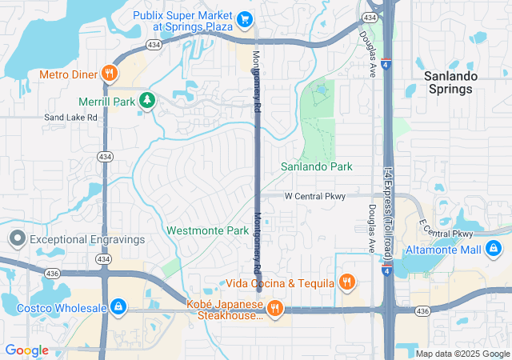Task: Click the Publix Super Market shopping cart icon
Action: click(x=246, y=18)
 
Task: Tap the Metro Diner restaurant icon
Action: click(x=110, y=74)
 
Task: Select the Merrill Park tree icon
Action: click(x=146, y=99)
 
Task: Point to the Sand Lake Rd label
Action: click(x=70, y=117)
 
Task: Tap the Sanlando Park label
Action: click(x=317, y=166)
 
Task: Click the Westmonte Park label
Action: click(x=208, y=230)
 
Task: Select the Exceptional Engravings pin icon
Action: click(x=18, y=238)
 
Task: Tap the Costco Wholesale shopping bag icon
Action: click(x=118, y=306)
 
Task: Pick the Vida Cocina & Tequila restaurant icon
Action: click(x=346, y=282)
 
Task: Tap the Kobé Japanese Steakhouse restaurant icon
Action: click(x=274, y=309)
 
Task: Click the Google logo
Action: click(x=26, y=350)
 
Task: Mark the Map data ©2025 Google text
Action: click(x=462, y=354)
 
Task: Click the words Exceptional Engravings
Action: click(x=87, y=239)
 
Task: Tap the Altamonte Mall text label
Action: click(x=443, y=250)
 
